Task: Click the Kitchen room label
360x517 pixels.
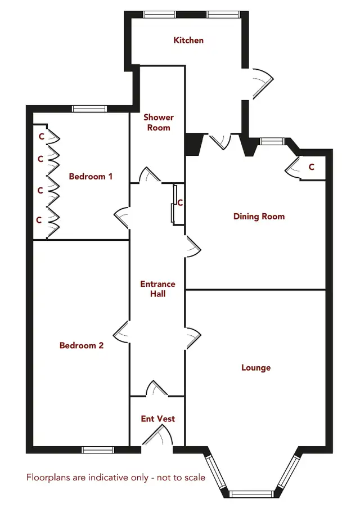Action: click(x=188, y=41)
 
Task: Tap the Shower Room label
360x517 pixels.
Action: click(x=159, y=122)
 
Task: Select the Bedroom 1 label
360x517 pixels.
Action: click(x=91, y=177)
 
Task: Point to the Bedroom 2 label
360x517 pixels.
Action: click(x=82, y=345)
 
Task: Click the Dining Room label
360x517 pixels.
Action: click(x=259, y=216)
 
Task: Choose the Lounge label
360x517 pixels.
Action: click(x=256, y=367)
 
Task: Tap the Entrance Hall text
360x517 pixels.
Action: click(x=157, y=289)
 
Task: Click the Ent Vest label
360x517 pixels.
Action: click(x=158, y=419)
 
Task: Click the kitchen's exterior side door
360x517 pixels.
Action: click(x=263, y=83)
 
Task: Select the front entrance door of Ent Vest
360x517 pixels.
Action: click(x=157, y=435)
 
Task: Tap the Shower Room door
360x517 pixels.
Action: click(x=150, y=175)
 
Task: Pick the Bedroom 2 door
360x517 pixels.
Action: click(x=121, y=332)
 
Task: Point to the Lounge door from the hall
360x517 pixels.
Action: click(x=193, y=338)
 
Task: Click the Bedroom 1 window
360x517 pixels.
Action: click(x=89, y=109)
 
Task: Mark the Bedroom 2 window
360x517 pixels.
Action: click(x=98, y=449)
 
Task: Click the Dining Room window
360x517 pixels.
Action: click(x=272, y=141)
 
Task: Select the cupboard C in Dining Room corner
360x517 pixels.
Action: click(x=312, y=167)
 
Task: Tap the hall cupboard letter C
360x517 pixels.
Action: click(x=180, y=203)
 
